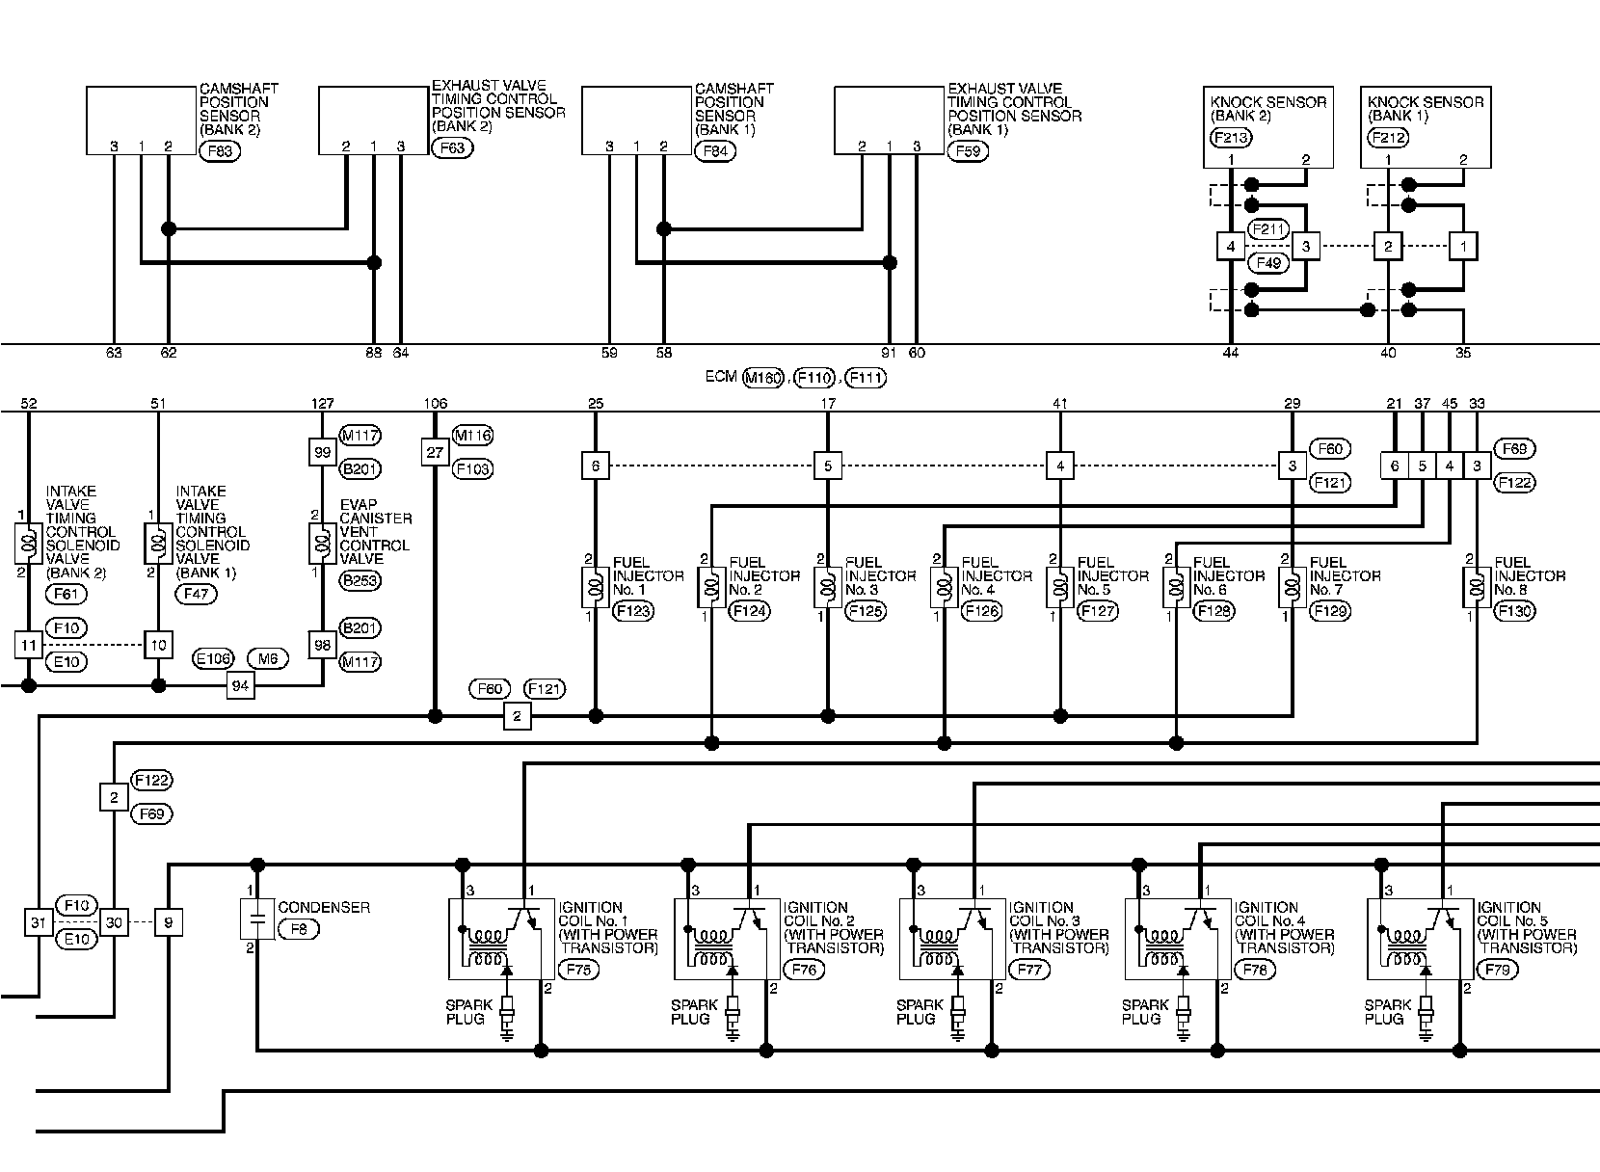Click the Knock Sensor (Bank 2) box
click(1269, 126)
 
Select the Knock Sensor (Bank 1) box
click(1425, 126)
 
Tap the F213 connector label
click(1229, 138)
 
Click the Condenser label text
click(324, 908)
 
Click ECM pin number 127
click(323, 404)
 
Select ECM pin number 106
click(436, 404)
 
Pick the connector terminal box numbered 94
click(240, 686)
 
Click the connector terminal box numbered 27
click(436, 451)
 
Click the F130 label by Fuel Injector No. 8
click(1514, 611)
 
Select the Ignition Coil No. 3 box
click(951, 939)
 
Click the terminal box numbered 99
click(323, 451)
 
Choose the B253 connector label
click(360, 580)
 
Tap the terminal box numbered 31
click(38, 923)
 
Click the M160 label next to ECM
click(762, 378)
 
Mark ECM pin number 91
click(889, 353)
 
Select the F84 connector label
click(715, 150)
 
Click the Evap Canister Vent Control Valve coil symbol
click(320, 544)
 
